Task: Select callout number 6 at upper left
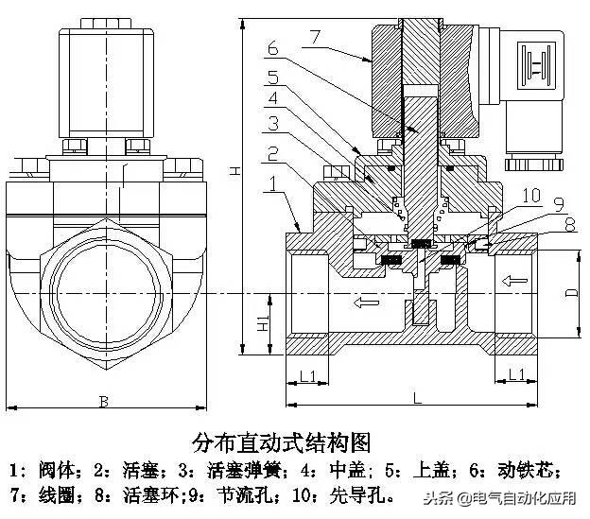[x=271, y=48]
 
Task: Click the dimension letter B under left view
[x=103, y=401]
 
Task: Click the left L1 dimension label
[x=307, y=375]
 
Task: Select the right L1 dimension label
[x=516, y=375]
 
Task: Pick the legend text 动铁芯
[x=537, y=469]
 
